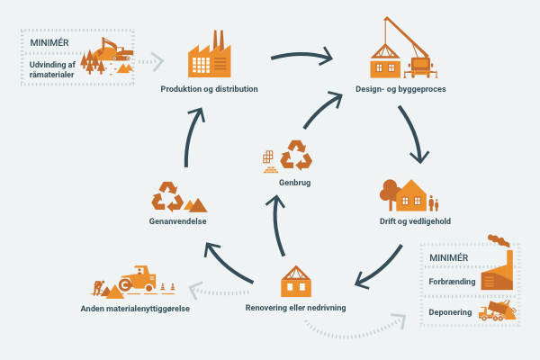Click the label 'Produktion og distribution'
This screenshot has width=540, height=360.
pos(209,89)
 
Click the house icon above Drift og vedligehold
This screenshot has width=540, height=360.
pos(412,194)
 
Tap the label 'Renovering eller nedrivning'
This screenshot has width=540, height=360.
pos(296,308)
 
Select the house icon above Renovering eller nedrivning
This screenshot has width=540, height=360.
pos(296,281)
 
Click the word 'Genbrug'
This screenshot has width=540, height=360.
pos(294,183)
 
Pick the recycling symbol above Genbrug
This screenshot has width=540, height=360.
pos(296,156)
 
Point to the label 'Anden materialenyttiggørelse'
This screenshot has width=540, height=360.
pos(134,309)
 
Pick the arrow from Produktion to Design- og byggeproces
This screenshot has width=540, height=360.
pos(301,59)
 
